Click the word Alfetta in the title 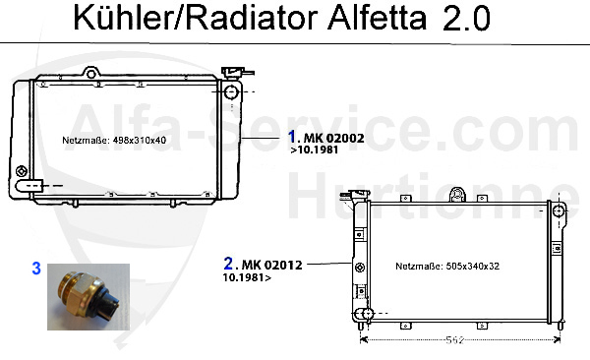378,18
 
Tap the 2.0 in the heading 466,18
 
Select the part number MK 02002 333,139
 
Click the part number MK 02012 271,265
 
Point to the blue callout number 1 292,137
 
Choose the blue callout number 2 228,264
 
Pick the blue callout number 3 36,269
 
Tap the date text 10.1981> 247,277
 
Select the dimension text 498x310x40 140,140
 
